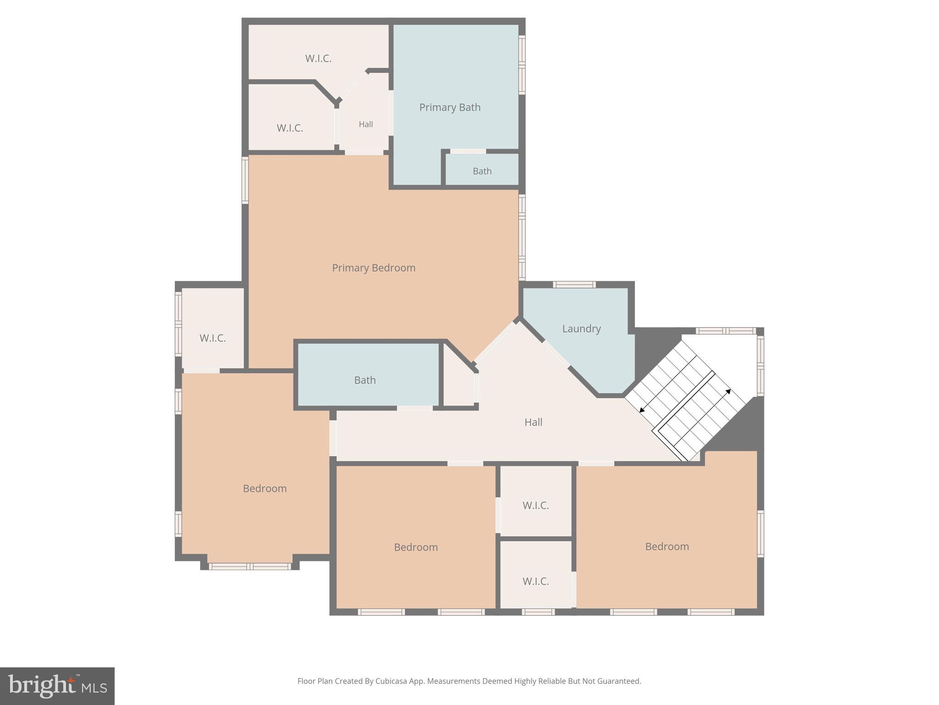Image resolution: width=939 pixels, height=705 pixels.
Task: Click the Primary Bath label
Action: click(x=450, y=107)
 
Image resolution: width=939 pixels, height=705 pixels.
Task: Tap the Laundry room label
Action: click(x=581, y=329)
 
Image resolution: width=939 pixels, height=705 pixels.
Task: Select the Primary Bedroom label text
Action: click(x=374, y=268)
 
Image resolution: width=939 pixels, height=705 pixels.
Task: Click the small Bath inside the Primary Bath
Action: click(x=482, y=171)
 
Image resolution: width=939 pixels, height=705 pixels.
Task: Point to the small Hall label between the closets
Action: click(x=365, y=124)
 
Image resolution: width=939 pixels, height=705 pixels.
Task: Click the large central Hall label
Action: click(x=533, y=422)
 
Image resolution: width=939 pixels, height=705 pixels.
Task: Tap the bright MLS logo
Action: click(x=57, y=686)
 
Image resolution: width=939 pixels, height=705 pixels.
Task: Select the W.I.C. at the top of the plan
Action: click(x=318, y=59)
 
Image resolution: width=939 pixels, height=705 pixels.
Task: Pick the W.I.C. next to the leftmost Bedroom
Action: click(x=212, y=338)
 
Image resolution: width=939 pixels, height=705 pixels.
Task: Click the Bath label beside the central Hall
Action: click(x=365, y=380)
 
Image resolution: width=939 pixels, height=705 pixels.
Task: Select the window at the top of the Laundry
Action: click(x=574, y=285)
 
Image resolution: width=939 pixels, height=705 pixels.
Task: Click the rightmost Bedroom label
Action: click(x=667, y=547)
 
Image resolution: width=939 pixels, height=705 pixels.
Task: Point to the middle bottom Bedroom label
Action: click(x=415, y=547)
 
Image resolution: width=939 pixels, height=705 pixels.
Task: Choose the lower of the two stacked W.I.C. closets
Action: click(x=536, y=582)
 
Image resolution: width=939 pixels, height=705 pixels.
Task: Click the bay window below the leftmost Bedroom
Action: click(x=250, y=566)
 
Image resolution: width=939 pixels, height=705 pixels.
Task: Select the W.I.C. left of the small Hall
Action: click(x=290, y=128)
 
